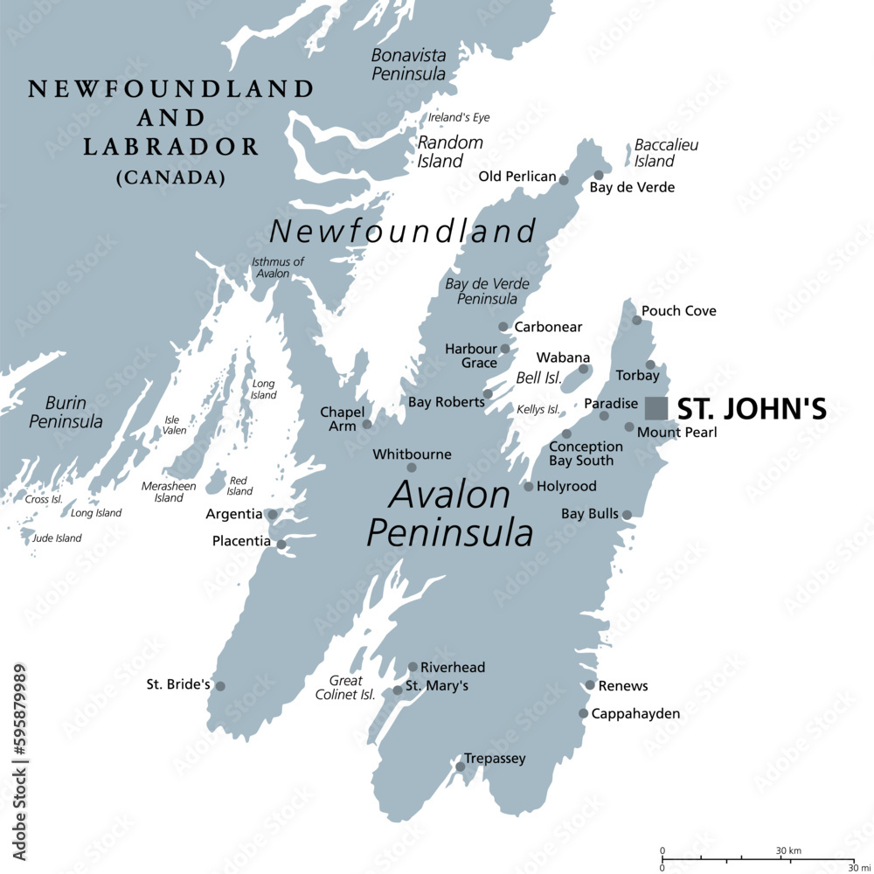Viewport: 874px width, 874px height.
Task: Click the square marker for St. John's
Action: click(656, 408)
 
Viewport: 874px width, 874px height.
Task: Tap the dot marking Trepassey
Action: click(461, 766)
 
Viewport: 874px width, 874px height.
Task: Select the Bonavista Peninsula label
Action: click(408, 65)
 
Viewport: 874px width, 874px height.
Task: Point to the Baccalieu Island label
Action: click(666, 153)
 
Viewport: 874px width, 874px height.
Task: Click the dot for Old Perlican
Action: click(564, 181)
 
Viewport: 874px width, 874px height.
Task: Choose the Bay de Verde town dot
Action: click(599, 175)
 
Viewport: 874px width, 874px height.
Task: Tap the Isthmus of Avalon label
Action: click(278, 267)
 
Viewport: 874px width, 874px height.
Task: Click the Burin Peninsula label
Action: click(66, 412)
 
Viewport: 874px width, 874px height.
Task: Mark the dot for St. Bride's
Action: click(220, 686)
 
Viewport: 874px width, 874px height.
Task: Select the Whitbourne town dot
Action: click(412, 468)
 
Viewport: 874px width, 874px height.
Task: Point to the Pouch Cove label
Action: click(678, 311)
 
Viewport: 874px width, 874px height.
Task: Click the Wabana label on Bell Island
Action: click(563, 357)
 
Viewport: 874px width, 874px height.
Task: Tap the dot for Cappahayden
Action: click(583, 713)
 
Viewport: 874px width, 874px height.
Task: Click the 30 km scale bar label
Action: click(789, 850)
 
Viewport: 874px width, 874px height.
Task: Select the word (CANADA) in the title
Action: click(170, 177)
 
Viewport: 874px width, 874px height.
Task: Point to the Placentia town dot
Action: click(281, 545)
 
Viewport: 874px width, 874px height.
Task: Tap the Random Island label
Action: click(449, 151)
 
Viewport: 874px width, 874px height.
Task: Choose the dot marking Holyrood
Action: click(529, 486)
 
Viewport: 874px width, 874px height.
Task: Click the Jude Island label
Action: click(57, 538)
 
